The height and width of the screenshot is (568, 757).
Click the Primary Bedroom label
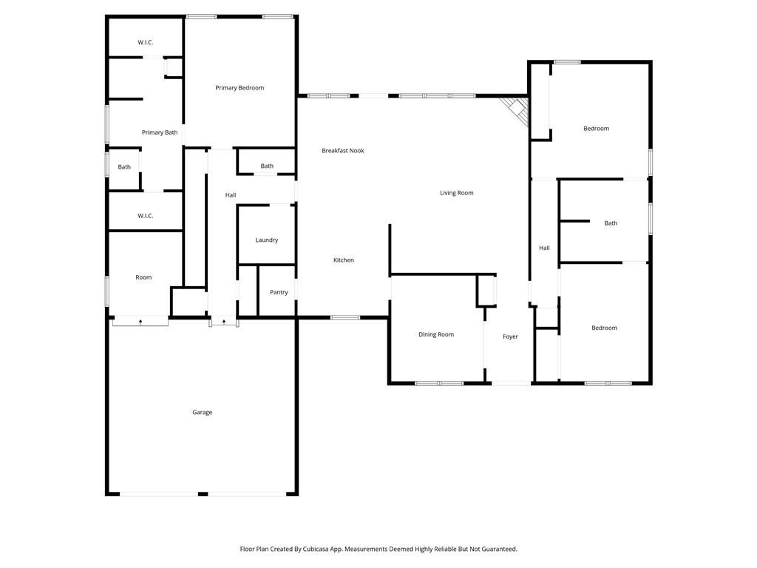tap(240, 88)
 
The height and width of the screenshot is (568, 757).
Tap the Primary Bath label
tap(160, 132)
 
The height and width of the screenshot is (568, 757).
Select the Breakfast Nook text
tap(343, 151)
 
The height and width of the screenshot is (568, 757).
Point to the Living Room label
tap(456, 193)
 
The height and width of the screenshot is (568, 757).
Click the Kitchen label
tap(344, 260)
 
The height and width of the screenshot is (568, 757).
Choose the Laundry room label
tap(266, 240)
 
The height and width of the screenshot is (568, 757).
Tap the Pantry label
tap(279, 292)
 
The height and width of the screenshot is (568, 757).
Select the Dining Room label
tap(436, 335)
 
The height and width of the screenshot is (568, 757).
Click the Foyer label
tap(510, 337)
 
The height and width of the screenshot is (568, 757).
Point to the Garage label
tap(203, 413)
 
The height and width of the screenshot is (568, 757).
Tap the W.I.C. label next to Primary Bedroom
tap(145, 42)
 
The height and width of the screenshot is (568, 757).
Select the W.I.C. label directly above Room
tap(145, 216)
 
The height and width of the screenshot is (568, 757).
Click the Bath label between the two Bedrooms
tap(611, 223)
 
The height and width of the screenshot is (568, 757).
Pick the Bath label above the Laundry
tap(267, 166)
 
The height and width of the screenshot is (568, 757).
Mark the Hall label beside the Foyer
tap(544, 248)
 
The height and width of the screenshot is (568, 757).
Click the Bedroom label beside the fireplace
tap(596, 129)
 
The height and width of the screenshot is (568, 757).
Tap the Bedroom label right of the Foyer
tap(604, 328)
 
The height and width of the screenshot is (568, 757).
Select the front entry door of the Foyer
tap(511, 383)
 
